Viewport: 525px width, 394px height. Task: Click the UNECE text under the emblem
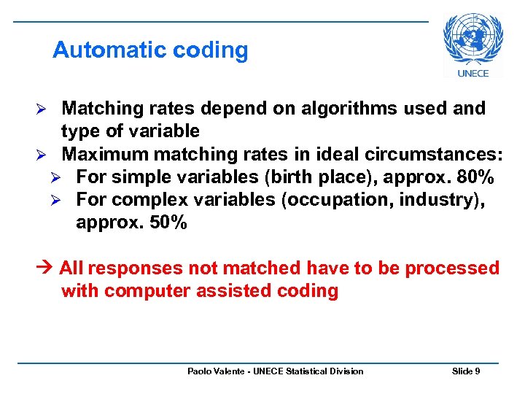(x=473, y=73)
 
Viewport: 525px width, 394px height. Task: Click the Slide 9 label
(x=466, y=371)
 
